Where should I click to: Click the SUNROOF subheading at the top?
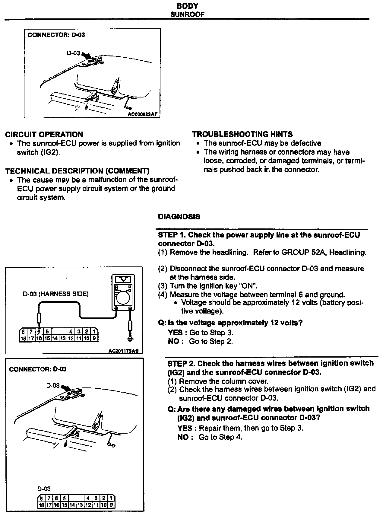pyautogui.click(x=187, y=14)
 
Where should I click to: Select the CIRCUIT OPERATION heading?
pyautogui.click(x=44, y=135)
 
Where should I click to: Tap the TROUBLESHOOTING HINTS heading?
pyautogui.click(x=242, y=134)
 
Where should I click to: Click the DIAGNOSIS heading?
pyautogui.click(x=179, y=217)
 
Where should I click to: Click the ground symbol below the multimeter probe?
pyautogui.click(x=130, y=339)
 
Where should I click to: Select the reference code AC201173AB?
pyautogui.click(x=125, y=351)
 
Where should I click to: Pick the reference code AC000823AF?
pyautogui.click(x=143, y=114)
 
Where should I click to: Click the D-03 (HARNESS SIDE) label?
pyautogui.click(x=56, y=294)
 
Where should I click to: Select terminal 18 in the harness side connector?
pyautogui.click(x=23, y=338)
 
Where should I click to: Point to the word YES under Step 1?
pyautogui.click(x=175, y=333)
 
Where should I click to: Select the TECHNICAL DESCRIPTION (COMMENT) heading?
pyautogui.click(x=77, y=171)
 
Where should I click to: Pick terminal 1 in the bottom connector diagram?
pyautogui.click(x=112, y=498)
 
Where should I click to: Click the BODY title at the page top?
pyautogui.click(x=187, y=6)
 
